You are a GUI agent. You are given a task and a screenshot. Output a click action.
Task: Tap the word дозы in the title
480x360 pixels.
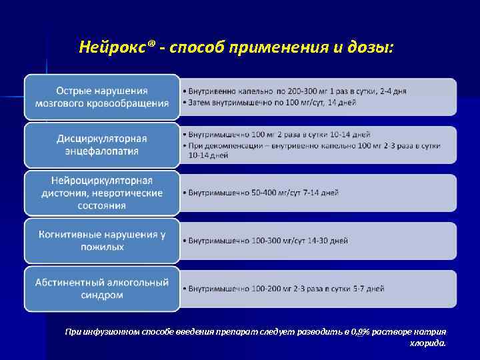[x=365, y=47]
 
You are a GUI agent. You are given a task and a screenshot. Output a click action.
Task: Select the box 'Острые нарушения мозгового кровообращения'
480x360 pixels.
[x=102, y=97]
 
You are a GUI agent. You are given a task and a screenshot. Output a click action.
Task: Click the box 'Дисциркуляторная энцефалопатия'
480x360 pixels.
[x=102, y=144]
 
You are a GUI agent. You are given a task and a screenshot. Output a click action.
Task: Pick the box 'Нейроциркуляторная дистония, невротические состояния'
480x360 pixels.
[x=102, y=193]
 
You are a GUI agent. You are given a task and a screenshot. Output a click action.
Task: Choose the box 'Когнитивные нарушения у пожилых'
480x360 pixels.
[x=102, y=240]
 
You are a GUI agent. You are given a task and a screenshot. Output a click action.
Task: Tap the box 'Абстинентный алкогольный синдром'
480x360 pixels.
[x=102, y=289]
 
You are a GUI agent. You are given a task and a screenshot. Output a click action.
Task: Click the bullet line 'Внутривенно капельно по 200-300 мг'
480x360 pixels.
[x=297, y=91]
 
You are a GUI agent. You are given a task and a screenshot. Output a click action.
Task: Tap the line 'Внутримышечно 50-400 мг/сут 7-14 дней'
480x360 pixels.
[x=263, y=193]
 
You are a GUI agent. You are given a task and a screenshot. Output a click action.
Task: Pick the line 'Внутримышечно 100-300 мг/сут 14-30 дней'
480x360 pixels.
[x=268, y=240]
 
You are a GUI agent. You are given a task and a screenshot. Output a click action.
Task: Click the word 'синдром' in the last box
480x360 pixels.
[x=102, y=295]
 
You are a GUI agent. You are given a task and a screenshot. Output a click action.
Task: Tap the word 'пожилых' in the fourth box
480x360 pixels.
[x=102, y=247]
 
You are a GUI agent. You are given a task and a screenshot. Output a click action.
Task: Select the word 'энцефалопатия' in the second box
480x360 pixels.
[x=102, y=151]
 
